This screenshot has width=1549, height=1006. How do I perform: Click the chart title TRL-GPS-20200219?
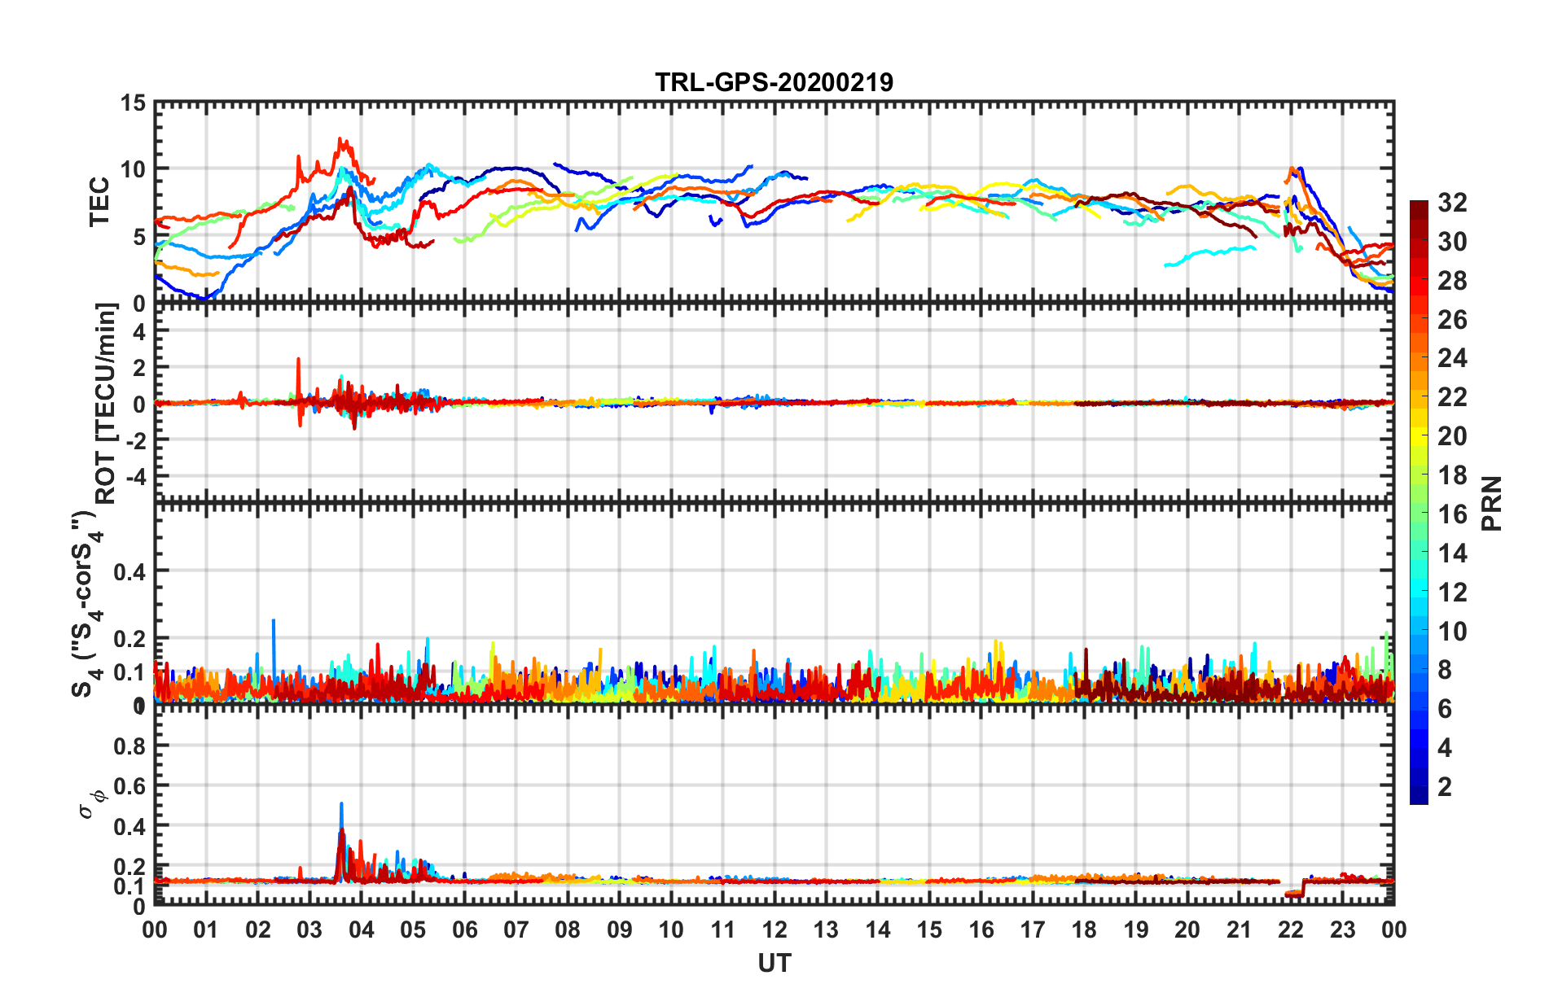pyautogui.click(x=774, y=82)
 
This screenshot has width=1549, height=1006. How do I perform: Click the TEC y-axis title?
pyautogui.click(x=99, y=202)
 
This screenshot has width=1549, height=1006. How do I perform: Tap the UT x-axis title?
pyautogui.click(x=774, y=964)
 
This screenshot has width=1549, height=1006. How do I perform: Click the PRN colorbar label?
pyautogui.click(x=1491, y=503)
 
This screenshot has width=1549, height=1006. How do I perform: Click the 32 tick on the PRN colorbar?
pyautogui.click(x=1452, y=203)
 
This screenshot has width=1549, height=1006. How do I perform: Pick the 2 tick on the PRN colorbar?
pyautogui.click(x=1445, y=786)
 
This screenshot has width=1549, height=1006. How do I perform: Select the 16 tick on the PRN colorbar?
pyautogui.click(x=1452, y=514)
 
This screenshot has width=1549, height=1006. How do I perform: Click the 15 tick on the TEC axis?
pyautogui.click(x=133, y=103)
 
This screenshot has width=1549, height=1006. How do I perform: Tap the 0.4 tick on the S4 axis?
pyautogui.click(x=129, y=571)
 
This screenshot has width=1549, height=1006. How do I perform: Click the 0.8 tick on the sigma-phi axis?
pyautogui.click(x=129, y=746)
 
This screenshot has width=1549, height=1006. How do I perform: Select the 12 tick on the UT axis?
pyautogui.click(x=774, y=929)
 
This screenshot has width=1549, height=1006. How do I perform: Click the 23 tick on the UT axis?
pyautogui.click(x=1342, y=929)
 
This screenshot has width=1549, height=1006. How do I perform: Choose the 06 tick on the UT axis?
pyautogui.click(x=464, y=929)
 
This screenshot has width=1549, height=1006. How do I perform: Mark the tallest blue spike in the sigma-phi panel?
pyautogui.click(x=341, y=805)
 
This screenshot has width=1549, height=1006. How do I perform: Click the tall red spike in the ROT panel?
pyautogui.click(x=298, y=360)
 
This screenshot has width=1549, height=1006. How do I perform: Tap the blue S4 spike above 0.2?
pyautogui.click(x=274, y=621)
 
